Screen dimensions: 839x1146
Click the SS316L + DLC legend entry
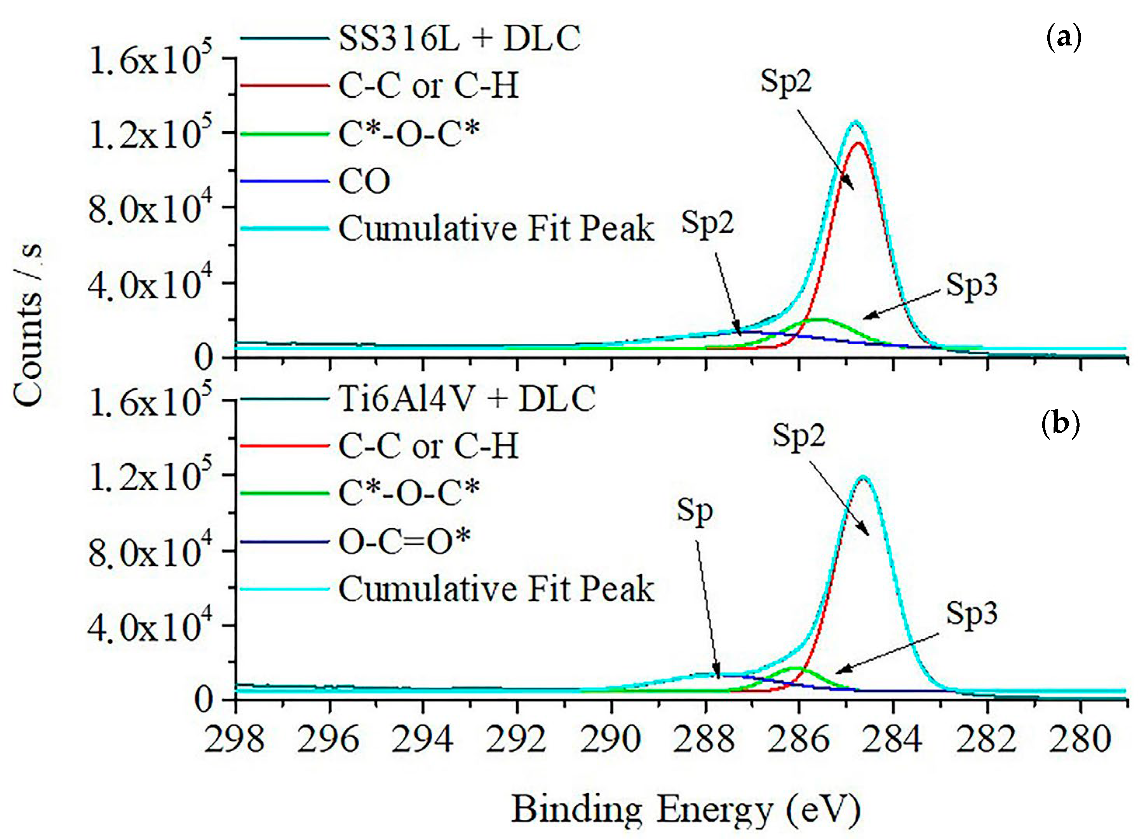pyautogui.click(x=460, y=38)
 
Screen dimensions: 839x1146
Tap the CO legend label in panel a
pyautogui.click(x=364, y=181)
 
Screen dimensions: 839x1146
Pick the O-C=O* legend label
pyautogui.click(x=404, y=541)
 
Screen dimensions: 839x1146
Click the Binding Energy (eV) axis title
pyautogui.click(x=686, y=809)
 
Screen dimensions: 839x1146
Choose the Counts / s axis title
pyautogui.click(x=28, y=325)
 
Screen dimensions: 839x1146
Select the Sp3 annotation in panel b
pyautogui.click(x=971, y=613)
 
